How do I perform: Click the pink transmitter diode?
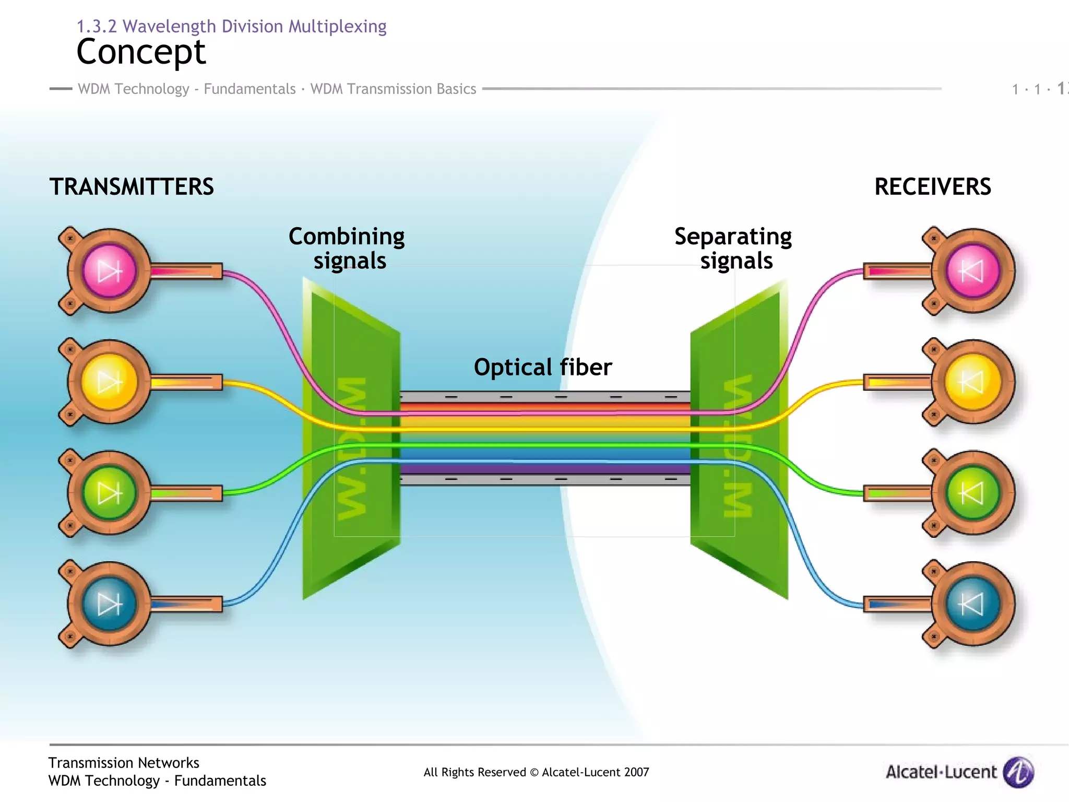[x=109, y=271]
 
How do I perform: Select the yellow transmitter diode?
[x=109, y=382]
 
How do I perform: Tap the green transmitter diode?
[x=109, y=493]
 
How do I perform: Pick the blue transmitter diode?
[x=109, y=604]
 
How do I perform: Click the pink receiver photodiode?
[x=972, y=271]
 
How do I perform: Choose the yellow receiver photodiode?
[x=972, y=382]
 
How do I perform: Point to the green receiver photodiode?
[x=972, y=493]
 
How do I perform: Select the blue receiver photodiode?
[x=972, y=604]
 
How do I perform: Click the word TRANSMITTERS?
[x=132, y=187]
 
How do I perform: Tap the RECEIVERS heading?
[x=932, y=187]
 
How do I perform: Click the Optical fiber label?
[x=542, y=367]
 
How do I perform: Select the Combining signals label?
[x=347, y=249]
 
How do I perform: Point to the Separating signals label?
[x=733, y=249]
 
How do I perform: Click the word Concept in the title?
[x=141, y=52]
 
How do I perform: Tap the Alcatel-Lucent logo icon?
[x=1018, y=772]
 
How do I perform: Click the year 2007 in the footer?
[x=636, y=772]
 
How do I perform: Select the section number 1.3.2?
[x=97, y=26]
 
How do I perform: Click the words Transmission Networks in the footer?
[x=124, y=763]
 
